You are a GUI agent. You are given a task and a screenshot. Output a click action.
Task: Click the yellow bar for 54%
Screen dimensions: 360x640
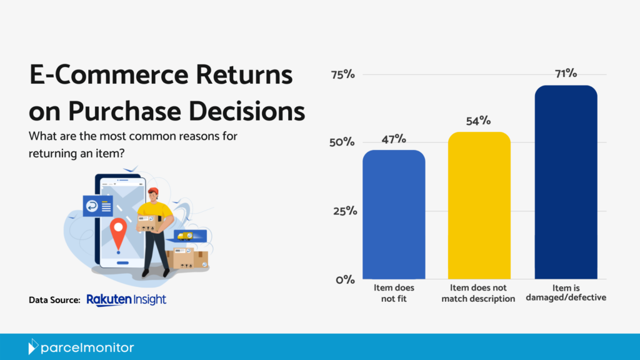tap(479, 206)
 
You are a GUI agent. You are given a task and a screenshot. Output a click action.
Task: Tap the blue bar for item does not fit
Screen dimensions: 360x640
tap(394, 215)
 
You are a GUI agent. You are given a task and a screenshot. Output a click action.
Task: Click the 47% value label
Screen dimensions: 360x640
tap(394, 139)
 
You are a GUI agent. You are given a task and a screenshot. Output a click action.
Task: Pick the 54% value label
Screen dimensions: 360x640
tap(479, 121)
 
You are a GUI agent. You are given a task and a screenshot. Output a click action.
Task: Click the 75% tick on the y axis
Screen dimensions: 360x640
tap(342, 74)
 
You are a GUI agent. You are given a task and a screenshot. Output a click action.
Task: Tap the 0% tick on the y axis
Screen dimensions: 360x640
tap(345, 279)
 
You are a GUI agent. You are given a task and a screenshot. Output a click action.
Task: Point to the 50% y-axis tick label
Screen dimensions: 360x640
tap(342, 142)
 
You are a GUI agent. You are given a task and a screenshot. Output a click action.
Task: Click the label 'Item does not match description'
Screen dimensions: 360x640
tap(479, 293)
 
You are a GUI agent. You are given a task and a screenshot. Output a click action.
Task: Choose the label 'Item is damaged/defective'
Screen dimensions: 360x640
tap(566, 293)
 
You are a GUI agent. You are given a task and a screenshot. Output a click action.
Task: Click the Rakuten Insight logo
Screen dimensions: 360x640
tap(126, 300)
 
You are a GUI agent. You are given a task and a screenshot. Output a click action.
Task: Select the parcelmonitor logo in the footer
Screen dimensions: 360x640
tap(81, 347)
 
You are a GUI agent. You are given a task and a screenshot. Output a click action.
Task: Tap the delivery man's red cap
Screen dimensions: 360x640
tap(154, 191)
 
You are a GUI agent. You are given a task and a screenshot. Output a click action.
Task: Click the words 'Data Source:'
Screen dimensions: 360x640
tap(54, 301)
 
